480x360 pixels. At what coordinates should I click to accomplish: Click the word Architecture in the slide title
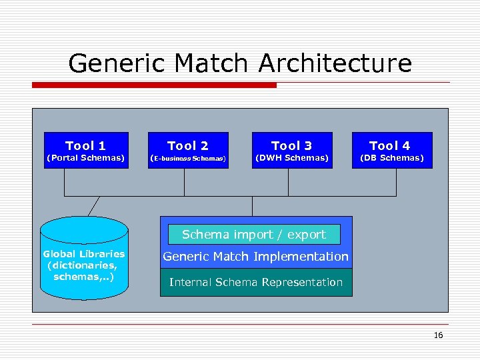[x=335, y=64]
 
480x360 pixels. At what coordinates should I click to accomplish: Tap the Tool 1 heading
[x=85, y=145]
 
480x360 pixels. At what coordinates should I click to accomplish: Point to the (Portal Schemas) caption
[x=85, y=158]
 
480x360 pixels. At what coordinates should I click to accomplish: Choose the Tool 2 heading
[x=188, y=145]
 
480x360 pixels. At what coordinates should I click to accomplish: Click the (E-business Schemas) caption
[x=188, y=159]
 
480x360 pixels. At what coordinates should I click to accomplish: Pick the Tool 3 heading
[x=291, y=145]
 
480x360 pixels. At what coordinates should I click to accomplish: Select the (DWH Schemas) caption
[x=291, y=158]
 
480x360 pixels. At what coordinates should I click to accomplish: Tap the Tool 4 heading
[x=390, y=145]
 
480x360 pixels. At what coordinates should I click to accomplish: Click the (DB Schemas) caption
[x=391, y=158]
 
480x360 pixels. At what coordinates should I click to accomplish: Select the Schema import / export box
[x=254, y=235]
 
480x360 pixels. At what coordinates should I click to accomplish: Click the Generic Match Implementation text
[x=255, y=257]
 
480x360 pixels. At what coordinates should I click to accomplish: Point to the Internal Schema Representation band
[x=256, y=283]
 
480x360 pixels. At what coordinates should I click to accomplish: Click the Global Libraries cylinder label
[x=84, y=265]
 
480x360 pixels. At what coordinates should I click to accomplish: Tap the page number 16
[x=438, y=335]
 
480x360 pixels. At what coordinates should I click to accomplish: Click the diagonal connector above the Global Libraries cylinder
[x=93, y=206]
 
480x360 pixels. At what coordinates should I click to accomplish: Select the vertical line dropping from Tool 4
[x=391, y=182]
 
